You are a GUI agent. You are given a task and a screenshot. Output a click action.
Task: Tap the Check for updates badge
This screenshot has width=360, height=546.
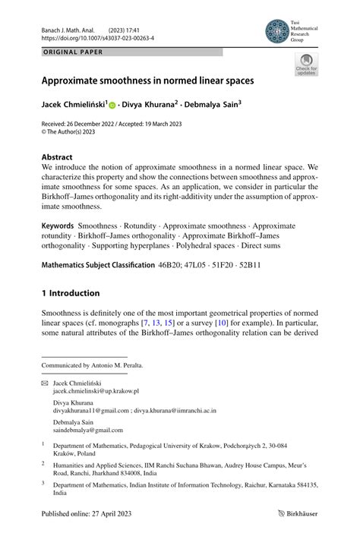tap(306, 65)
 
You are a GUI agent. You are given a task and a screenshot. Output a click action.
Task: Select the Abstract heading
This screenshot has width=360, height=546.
tap(58, 156)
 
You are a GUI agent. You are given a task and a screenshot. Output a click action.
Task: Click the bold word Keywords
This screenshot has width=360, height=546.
tap(58, 226)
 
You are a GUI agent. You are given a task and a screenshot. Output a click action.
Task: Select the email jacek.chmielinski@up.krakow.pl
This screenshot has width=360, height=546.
tap(96, 391)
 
